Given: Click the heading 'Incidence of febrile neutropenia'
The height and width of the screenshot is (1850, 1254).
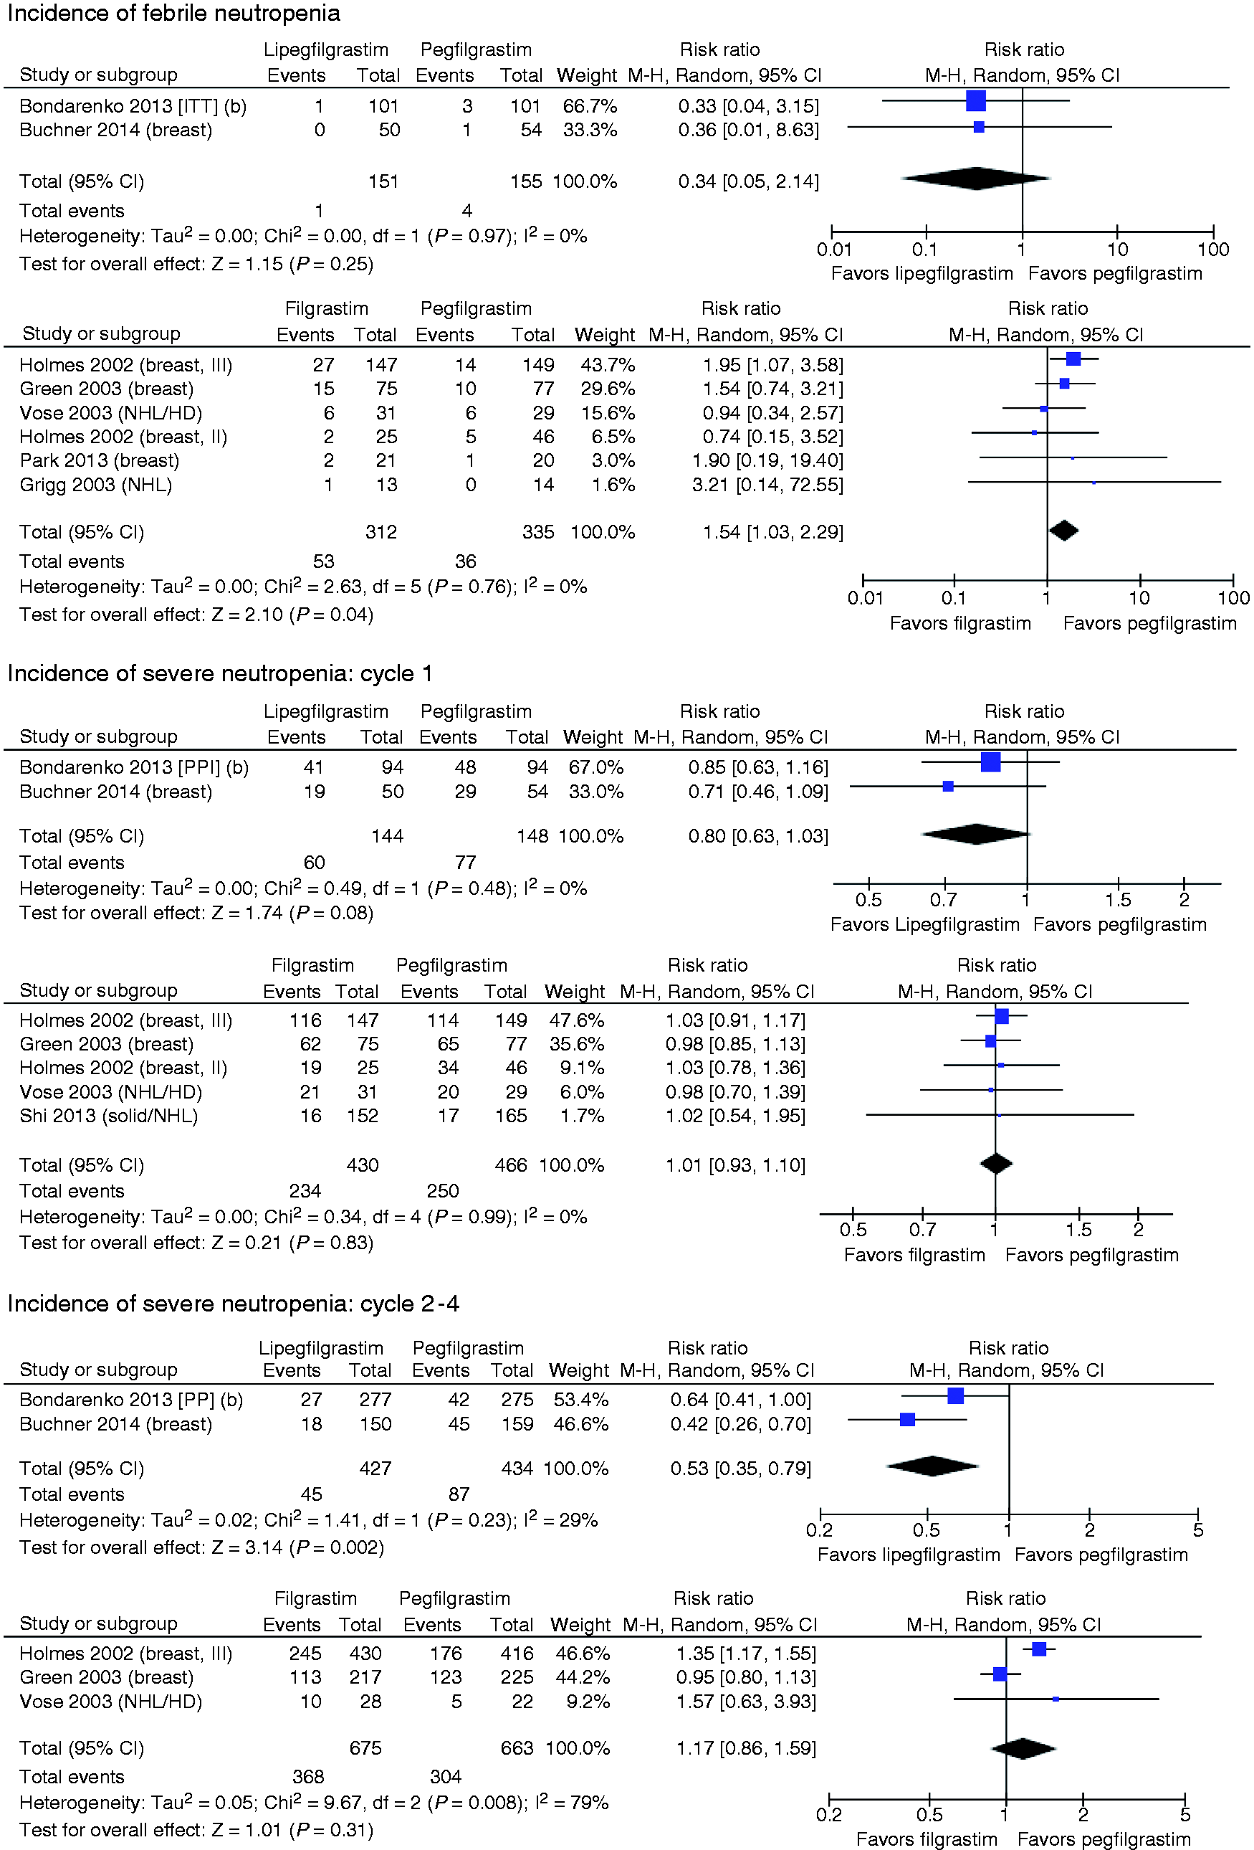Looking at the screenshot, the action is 173,14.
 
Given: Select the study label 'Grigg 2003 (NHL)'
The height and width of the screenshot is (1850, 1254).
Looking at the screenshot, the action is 95,485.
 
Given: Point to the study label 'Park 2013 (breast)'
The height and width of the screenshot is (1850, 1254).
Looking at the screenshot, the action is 100,461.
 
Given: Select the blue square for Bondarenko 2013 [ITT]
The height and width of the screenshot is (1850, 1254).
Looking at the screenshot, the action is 975,101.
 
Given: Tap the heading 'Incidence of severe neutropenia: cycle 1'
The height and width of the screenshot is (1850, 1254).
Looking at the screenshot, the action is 219,674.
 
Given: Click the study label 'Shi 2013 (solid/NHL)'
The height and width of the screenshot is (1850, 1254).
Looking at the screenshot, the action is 109,1116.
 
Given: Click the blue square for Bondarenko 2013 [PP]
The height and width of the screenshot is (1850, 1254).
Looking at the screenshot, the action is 956,1395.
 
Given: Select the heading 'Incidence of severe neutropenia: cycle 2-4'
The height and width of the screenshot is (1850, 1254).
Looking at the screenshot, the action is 233,1304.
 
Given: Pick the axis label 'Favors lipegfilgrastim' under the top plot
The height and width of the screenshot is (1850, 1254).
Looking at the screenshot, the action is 922,274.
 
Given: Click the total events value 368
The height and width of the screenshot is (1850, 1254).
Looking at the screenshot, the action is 308,1777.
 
